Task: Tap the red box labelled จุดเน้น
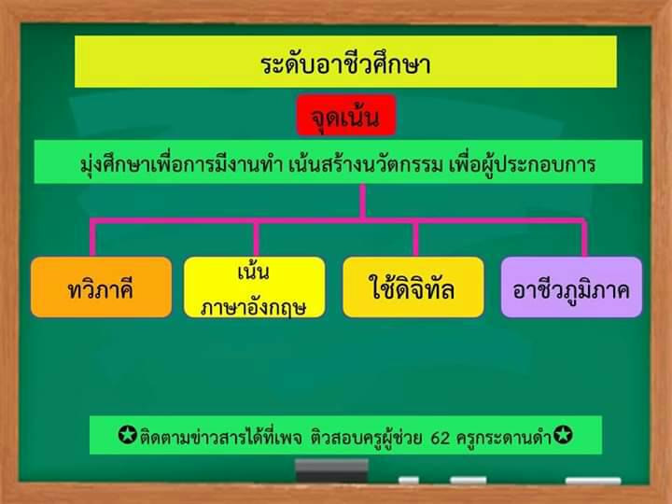tap(346, 116)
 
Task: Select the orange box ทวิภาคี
tap(101, 287)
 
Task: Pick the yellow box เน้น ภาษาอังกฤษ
tap(254, 287)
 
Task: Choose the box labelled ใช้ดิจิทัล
tap(413, 287)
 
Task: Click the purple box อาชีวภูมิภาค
tap(571, 287)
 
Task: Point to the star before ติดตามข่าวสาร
tap(127, 435)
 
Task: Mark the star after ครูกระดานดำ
tap(563, 435)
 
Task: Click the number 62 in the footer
tap(441, 438)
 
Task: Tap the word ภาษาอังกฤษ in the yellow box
tap(253, 307)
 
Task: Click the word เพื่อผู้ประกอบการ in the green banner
tap(523, 164)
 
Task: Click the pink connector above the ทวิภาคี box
tap(92, 238)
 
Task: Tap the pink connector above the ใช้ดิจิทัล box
tap(415, 238)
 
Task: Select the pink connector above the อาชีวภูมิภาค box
tap(584, 238)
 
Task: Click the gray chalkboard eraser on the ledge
tap(331, 470)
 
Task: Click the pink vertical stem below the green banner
tap(363, 202)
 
